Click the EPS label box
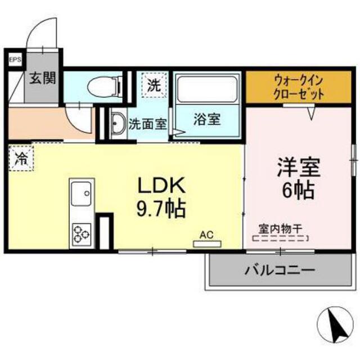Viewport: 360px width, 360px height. (15, 60)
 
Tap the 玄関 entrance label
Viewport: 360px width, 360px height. (43, 78)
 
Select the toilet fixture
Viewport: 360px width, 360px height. (105, 86)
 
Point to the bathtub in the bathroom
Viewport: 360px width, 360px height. (207, 90)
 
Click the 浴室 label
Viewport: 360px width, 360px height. (207, 119)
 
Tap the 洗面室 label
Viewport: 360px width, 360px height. (147, 124)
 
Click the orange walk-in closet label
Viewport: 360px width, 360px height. (299, 87)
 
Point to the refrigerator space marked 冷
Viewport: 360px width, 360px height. (21, 159)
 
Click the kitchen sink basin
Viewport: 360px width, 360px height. (81, 193)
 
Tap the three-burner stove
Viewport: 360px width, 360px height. (81, 234)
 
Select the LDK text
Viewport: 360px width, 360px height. (161, 186)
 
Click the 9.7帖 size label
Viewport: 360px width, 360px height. (161, 209)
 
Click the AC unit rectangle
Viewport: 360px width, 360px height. (208, 244)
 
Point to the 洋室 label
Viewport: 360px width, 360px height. (299, 167)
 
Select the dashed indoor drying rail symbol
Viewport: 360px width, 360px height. (280, 238)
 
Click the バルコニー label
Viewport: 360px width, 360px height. (280, 270)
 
